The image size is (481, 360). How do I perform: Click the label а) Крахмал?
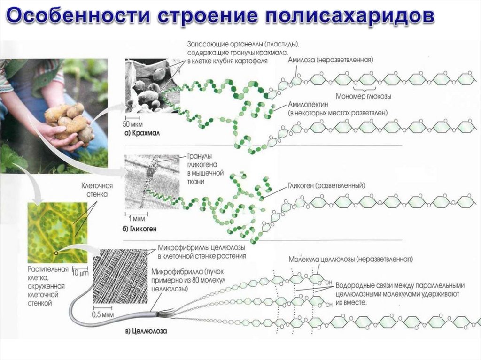(142, 133)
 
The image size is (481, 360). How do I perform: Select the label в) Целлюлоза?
(146, 331)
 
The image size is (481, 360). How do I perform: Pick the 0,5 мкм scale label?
(103, 314)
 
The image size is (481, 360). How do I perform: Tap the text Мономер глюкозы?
(365, 96)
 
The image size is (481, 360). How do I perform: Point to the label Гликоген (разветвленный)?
(326, 185)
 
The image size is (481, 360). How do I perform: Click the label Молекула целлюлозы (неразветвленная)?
(351, 259)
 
